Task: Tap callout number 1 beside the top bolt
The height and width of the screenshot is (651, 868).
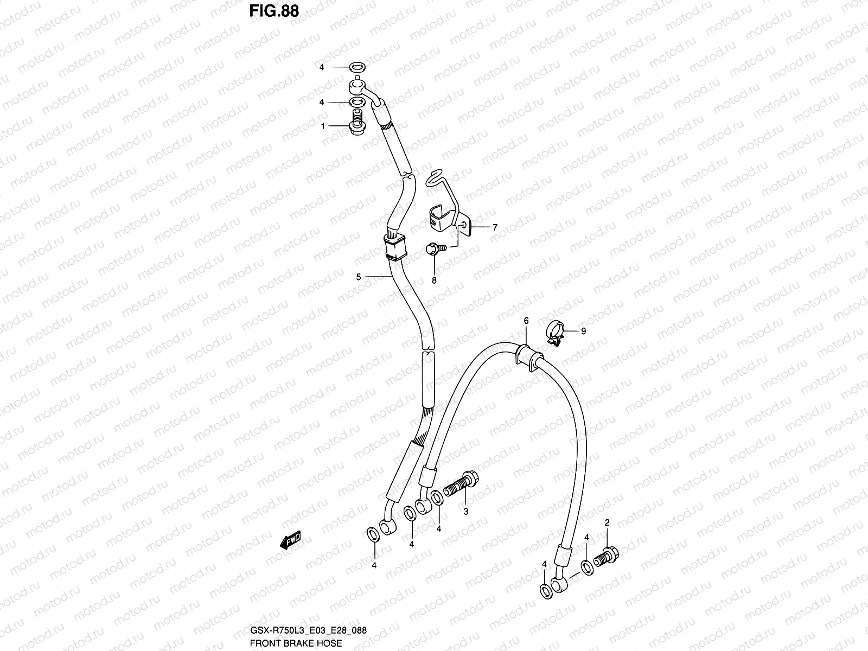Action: coord(323,126)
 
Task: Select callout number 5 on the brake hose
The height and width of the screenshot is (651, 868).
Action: coord(359,277)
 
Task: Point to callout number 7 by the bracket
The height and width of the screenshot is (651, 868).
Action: coord(495,228)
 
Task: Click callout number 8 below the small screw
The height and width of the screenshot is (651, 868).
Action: coord(434,280)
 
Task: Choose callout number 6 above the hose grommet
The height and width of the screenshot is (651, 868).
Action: coord(526,321)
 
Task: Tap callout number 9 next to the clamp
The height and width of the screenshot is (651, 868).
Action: coord(583,331)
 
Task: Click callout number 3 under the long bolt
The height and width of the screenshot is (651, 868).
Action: coord(465,511)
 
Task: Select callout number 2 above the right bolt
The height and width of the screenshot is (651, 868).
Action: coord(607,523)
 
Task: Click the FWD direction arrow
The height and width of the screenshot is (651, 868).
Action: coord(290,540)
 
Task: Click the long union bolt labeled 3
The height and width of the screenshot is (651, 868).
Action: coord(461,482)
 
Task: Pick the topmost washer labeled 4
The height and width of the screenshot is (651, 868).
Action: coord(356,68)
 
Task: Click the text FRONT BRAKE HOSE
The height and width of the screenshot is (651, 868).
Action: coord(296,643)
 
